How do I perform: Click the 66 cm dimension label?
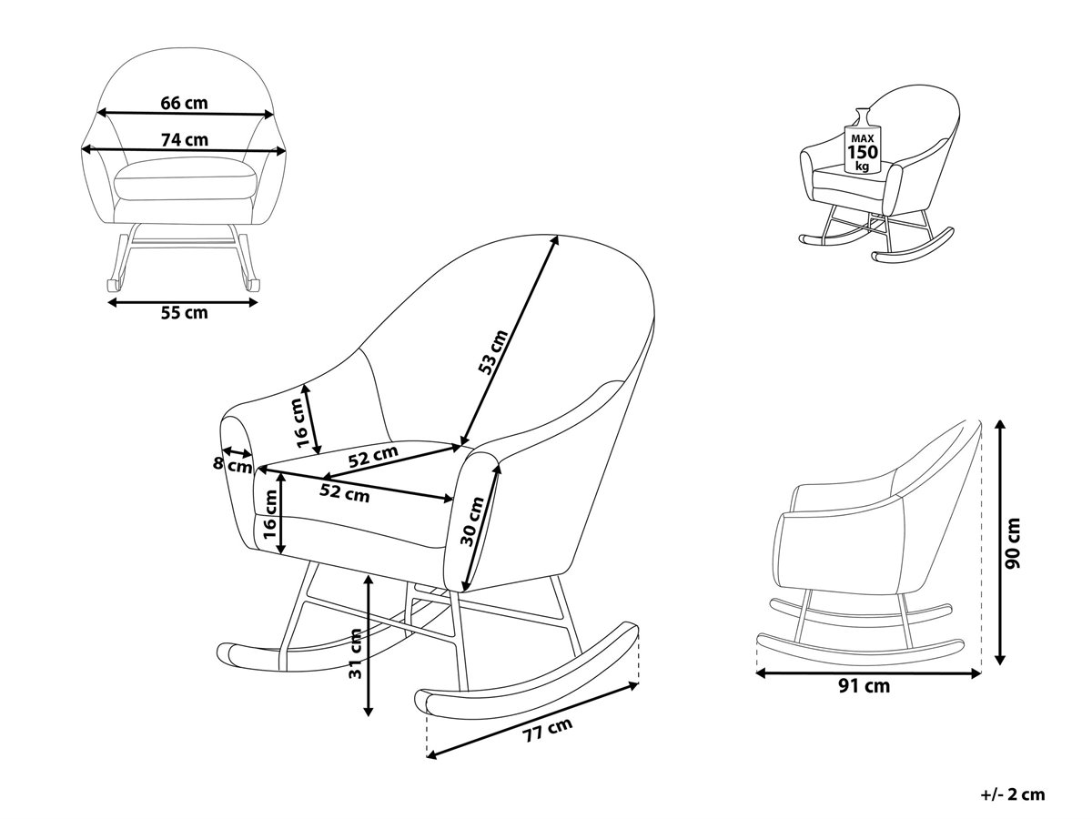point(184,104)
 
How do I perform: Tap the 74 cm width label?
point(184,140)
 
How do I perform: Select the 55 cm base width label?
point(184,313)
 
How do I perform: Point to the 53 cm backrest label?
point(492,351)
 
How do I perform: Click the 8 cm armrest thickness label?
point(232,465)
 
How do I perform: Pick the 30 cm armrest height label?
point(472,521)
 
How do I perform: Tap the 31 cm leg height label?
point(355,654)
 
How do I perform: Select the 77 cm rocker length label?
point(547,730)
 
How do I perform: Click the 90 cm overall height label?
point(1012,543)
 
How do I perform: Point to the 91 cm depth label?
point(864,686)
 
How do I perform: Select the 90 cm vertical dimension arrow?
point(1000,542)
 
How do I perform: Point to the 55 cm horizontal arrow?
point(183,302)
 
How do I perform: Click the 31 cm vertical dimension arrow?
point(369,645)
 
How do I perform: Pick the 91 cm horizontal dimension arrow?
point(868,673)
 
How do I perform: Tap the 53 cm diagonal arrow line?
point(510,340)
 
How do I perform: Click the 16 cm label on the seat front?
point(269,514)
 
